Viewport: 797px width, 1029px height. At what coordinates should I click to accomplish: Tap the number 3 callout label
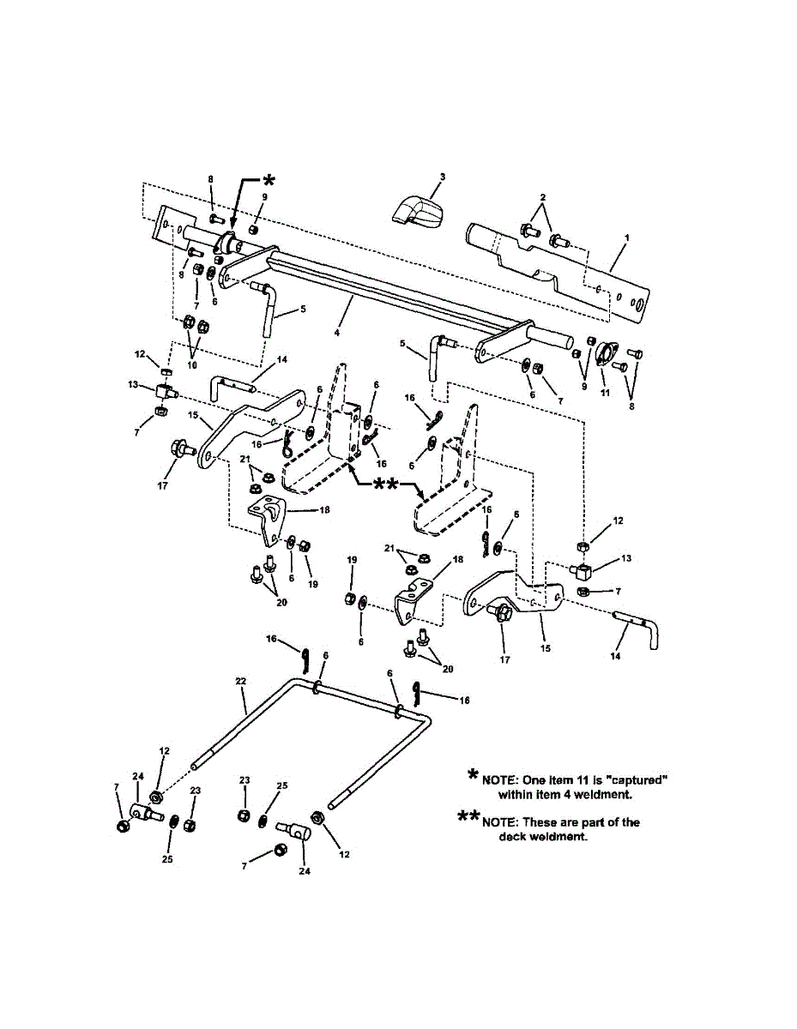pyautogui.click(x=441, y=177)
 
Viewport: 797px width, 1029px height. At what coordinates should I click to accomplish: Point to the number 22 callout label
pyautogui.click(x=241, y=681)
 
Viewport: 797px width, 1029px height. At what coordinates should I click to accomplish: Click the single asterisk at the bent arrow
pyautogui.click(x=268, y=180)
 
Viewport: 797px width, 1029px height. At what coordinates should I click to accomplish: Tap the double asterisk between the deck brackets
pyautogui.click(x=383, y=485)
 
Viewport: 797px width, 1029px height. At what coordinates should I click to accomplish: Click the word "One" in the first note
pyautogui.click(x=539, y=780)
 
